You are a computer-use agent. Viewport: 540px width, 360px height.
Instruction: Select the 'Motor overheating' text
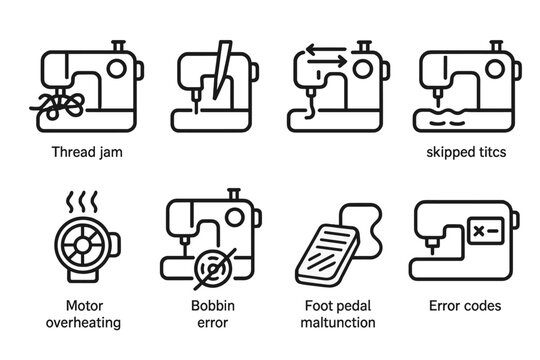tap(85, 314)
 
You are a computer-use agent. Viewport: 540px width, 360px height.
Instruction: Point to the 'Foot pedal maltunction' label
tap(337, 314)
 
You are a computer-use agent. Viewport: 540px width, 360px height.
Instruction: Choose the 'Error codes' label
tap(464, 306)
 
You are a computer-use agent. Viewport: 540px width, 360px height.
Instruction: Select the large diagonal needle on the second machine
tap(216, 70)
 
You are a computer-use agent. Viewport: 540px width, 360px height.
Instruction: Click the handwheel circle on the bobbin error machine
tap(235, 216)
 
